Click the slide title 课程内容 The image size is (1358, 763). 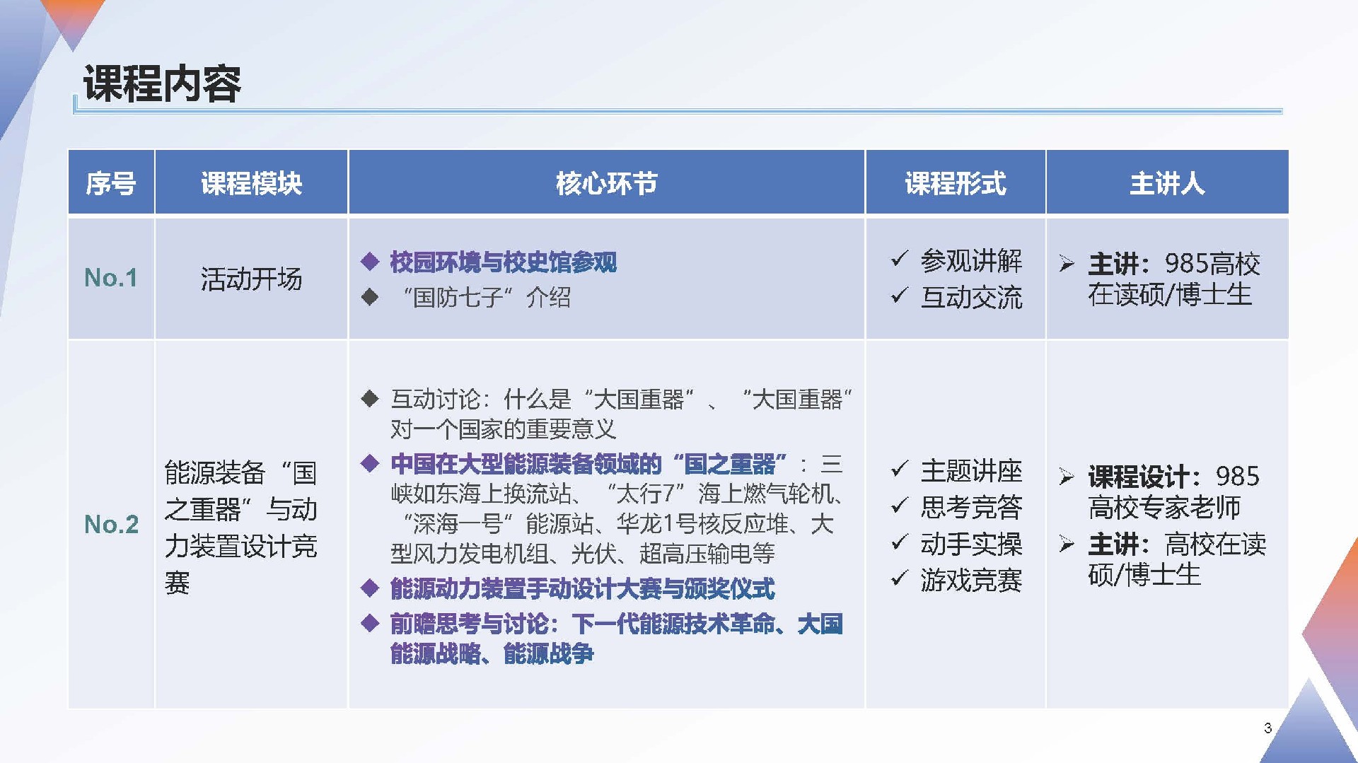[x=162, y=83]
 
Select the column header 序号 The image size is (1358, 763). [x=111, y=183]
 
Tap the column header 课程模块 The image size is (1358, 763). [x=251, y=183]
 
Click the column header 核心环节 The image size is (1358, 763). [x=606, y=183]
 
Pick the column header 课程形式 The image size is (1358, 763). [x=956, y=183]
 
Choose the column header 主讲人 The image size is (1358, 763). [x=1167, y=183]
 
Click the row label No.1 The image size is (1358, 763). [x=111, y=278]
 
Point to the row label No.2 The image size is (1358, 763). [x=111, y=525]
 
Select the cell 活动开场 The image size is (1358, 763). [x=251, y=279]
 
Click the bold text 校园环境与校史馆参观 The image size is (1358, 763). [x=503, y=262]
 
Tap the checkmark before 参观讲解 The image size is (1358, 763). [x=899, y=259]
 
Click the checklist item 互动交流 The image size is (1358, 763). [x=971, y=298]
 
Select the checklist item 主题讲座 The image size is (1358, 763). [x=971, y=471]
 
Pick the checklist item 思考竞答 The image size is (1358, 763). [x=971, y=507]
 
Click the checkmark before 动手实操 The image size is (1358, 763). [x=899, y=542]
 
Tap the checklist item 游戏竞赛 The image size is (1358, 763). [x=971, y=581]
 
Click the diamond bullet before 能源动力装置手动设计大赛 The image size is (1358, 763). [x=370, y=588]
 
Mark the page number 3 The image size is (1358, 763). [x=1268, y=728]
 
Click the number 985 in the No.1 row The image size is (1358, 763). [x=1186, y=264]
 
